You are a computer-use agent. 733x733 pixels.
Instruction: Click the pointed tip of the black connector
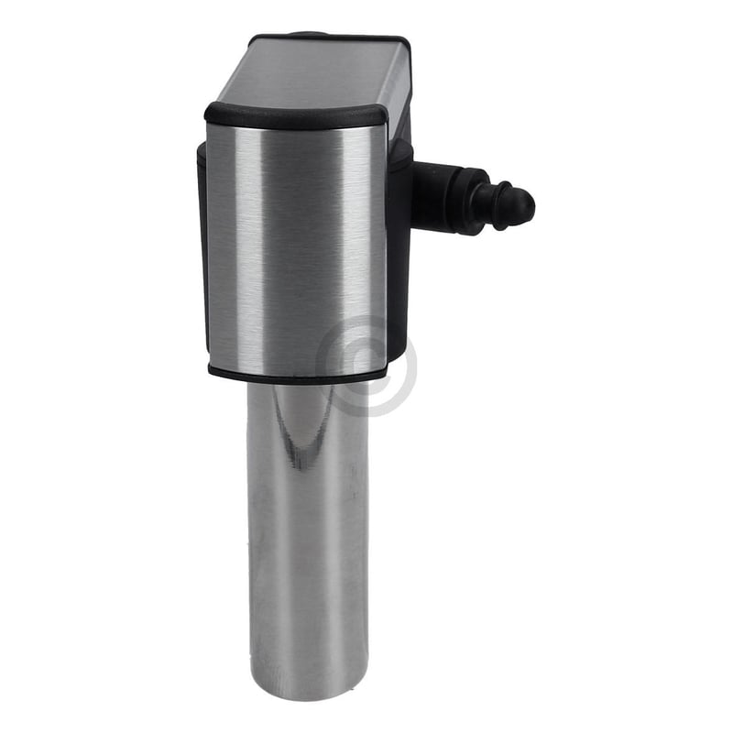pos(529,208)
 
